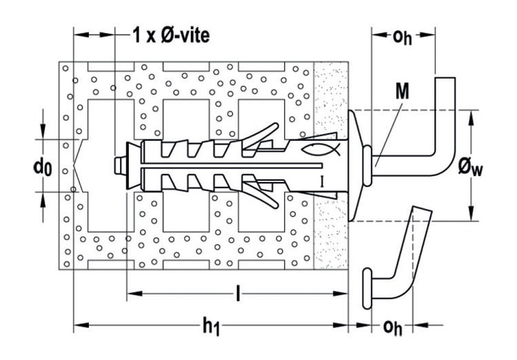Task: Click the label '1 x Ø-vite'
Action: pos(171,35)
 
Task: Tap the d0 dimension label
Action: pos(43,167)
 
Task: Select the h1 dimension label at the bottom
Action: pos(211,327)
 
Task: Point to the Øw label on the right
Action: pos(470,168)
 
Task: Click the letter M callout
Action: pos(403,91)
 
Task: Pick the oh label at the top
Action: pos(403,37)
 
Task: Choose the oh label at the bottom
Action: pos(392,328)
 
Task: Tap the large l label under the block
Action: pos(238,294)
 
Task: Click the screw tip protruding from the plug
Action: pos(121,166)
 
